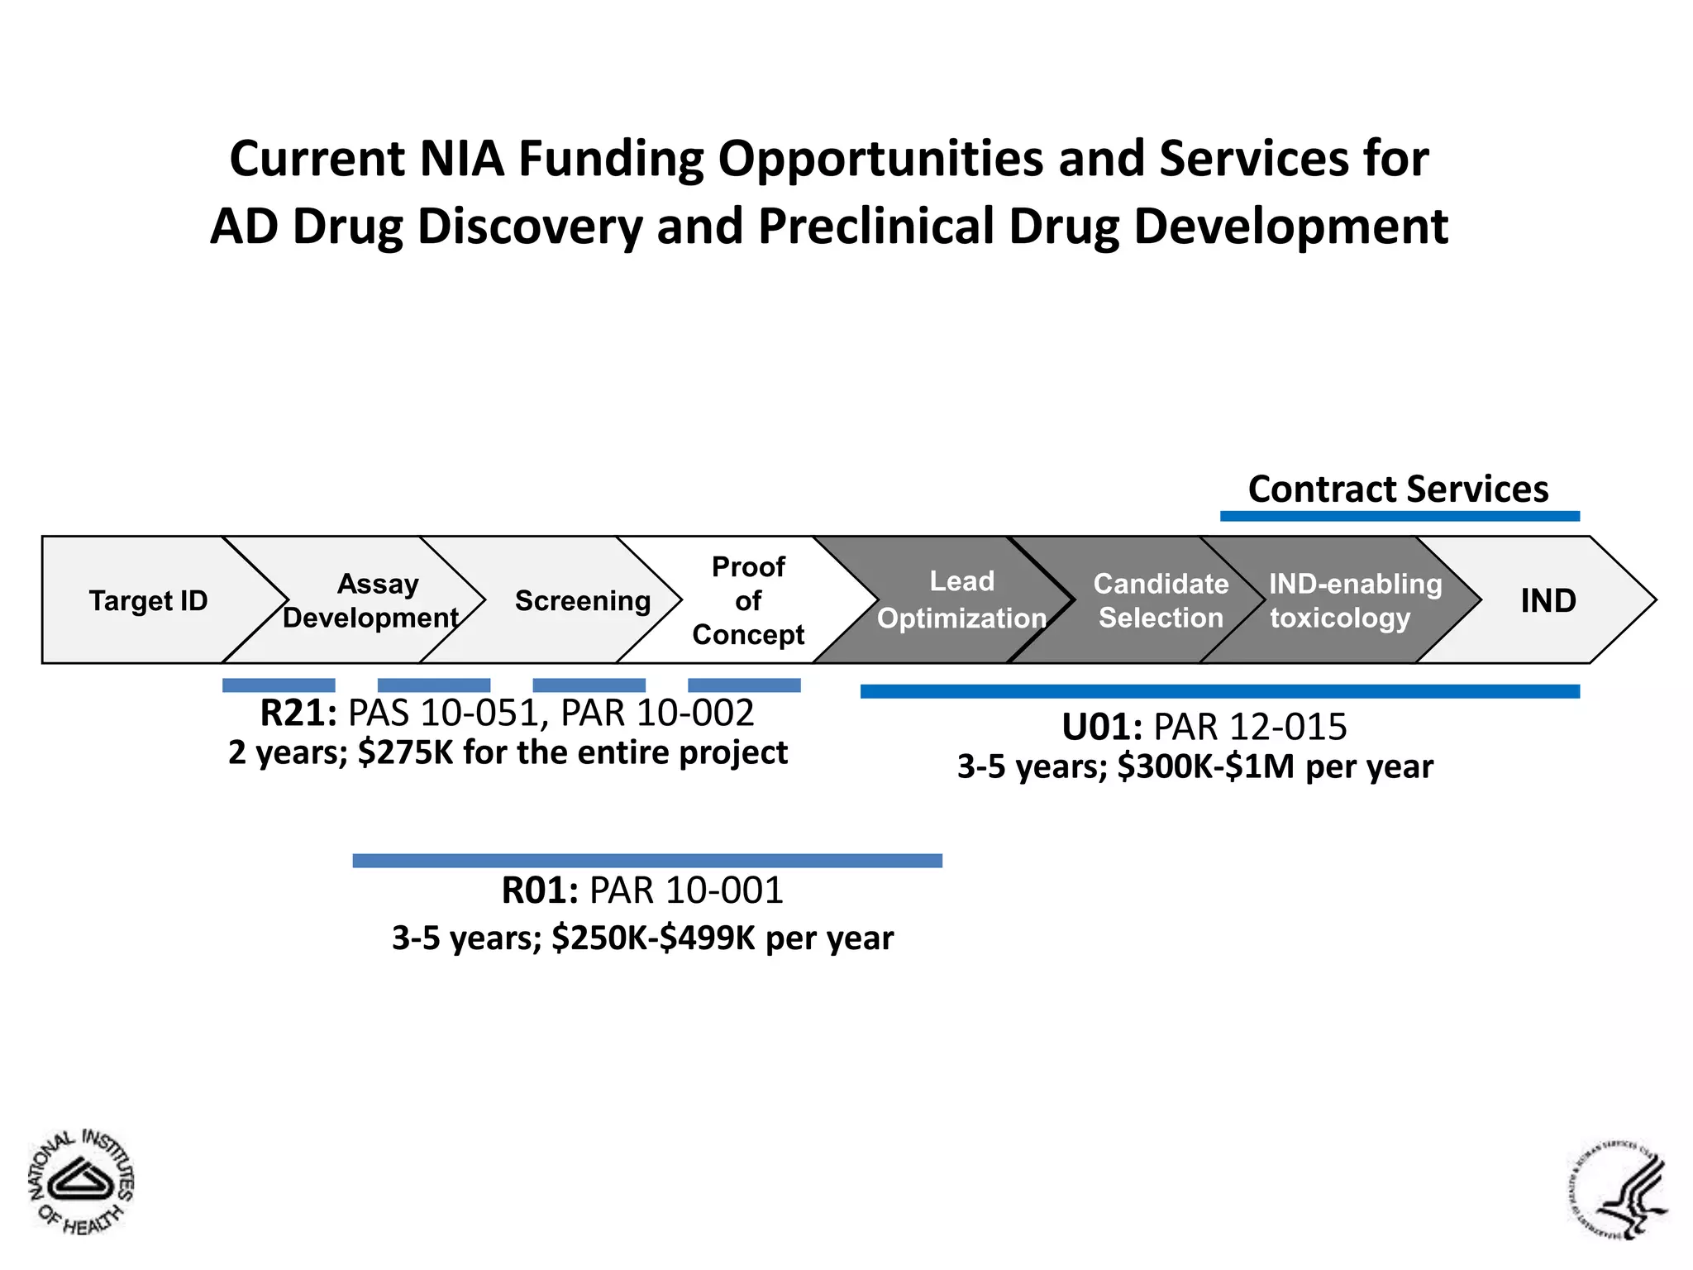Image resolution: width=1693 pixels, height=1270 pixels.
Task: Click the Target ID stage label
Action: click(148, 601)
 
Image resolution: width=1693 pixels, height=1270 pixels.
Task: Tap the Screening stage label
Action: click(583, 601)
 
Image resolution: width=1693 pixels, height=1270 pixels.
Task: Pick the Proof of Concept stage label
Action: click(748, 601)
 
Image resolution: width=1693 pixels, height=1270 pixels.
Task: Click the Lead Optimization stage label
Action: click(961, 600)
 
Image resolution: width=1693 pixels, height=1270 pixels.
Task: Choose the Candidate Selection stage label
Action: click(1161, 601)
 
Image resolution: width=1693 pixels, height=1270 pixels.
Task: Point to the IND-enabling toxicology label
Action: click(1354, 601)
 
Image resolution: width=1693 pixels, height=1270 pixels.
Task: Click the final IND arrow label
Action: click(1548, 601)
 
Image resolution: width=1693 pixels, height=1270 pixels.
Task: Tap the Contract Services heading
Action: click(1398, 489)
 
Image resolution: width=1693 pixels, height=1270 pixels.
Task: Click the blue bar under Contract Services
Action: click(1400, 517)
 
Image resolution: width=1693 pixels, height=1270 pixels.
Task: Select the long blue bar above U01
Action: click(1219, 691)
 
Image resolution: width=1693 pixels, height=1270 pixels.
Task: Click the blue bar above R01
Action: click(647, 861)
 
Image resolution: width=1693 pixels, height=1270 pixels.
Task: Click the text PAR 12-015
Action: click(1250, 728)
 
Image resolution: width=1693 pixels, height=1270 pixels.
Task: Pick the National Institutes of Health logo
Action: click(81, 1182)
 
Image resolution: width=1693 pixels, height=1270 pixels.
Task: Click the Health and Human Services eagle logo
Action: click(1619, 1189)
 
